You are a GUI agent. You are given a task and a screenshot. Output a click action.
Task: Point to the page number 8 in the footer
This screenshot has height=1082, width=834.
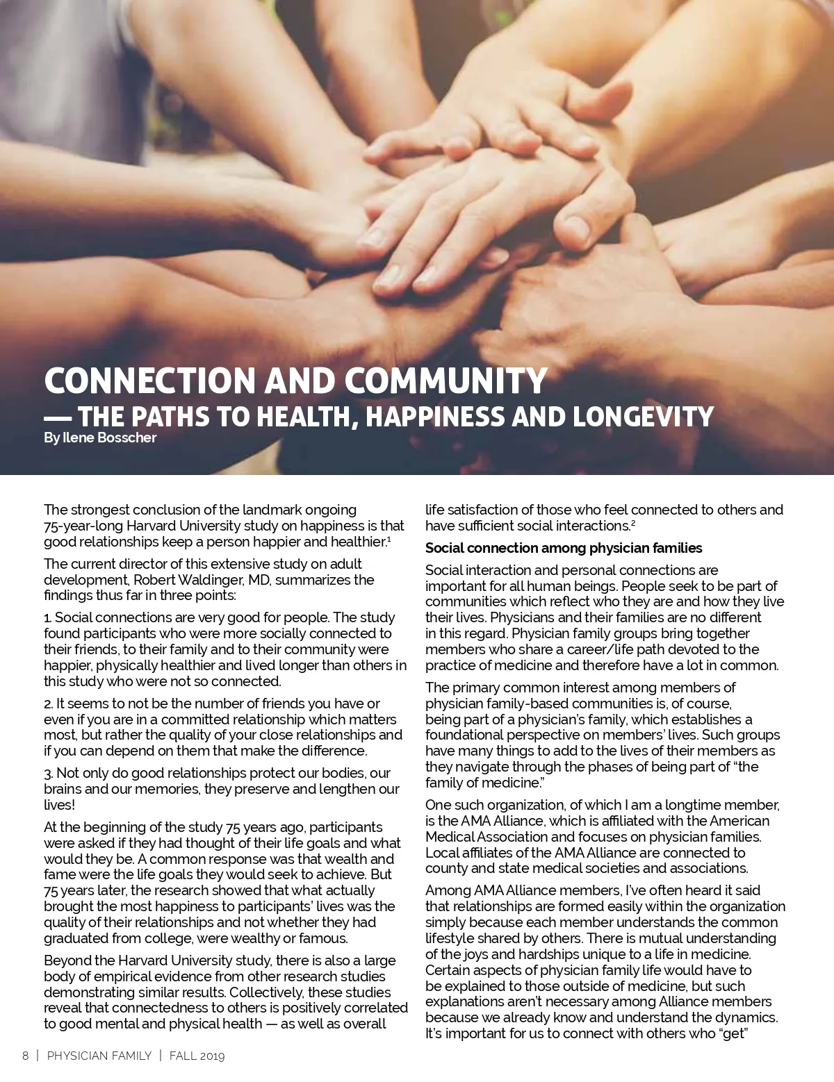26,1056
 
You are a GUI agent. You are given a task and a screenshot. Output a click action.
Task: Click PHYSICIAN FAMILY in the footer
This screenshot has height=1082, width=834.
99,1056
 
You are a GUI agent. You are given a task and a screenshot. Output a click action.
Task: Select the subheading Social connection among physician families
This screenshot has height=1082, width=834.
564,548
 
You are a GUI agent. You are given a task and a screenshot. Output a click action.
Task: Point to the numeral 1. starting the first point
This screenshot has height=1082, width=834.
48,617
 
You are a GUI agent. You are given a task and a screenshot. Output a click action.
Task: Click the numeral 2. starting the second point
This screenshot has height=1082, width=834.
49,704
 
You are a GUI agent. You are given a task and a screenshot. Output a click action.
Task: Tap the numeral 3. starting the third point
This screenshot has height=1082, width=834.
49,773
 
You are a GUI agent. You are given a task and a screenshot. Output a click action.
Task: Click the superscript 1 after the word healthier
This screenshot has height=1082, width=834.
389,539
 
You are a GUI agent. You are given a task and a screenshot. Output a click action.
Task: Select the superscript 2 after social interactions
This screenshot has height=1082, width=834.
633,523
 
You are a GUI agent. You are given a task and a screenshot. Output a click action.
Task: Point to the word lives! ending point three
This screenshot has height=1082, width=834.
59,805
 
